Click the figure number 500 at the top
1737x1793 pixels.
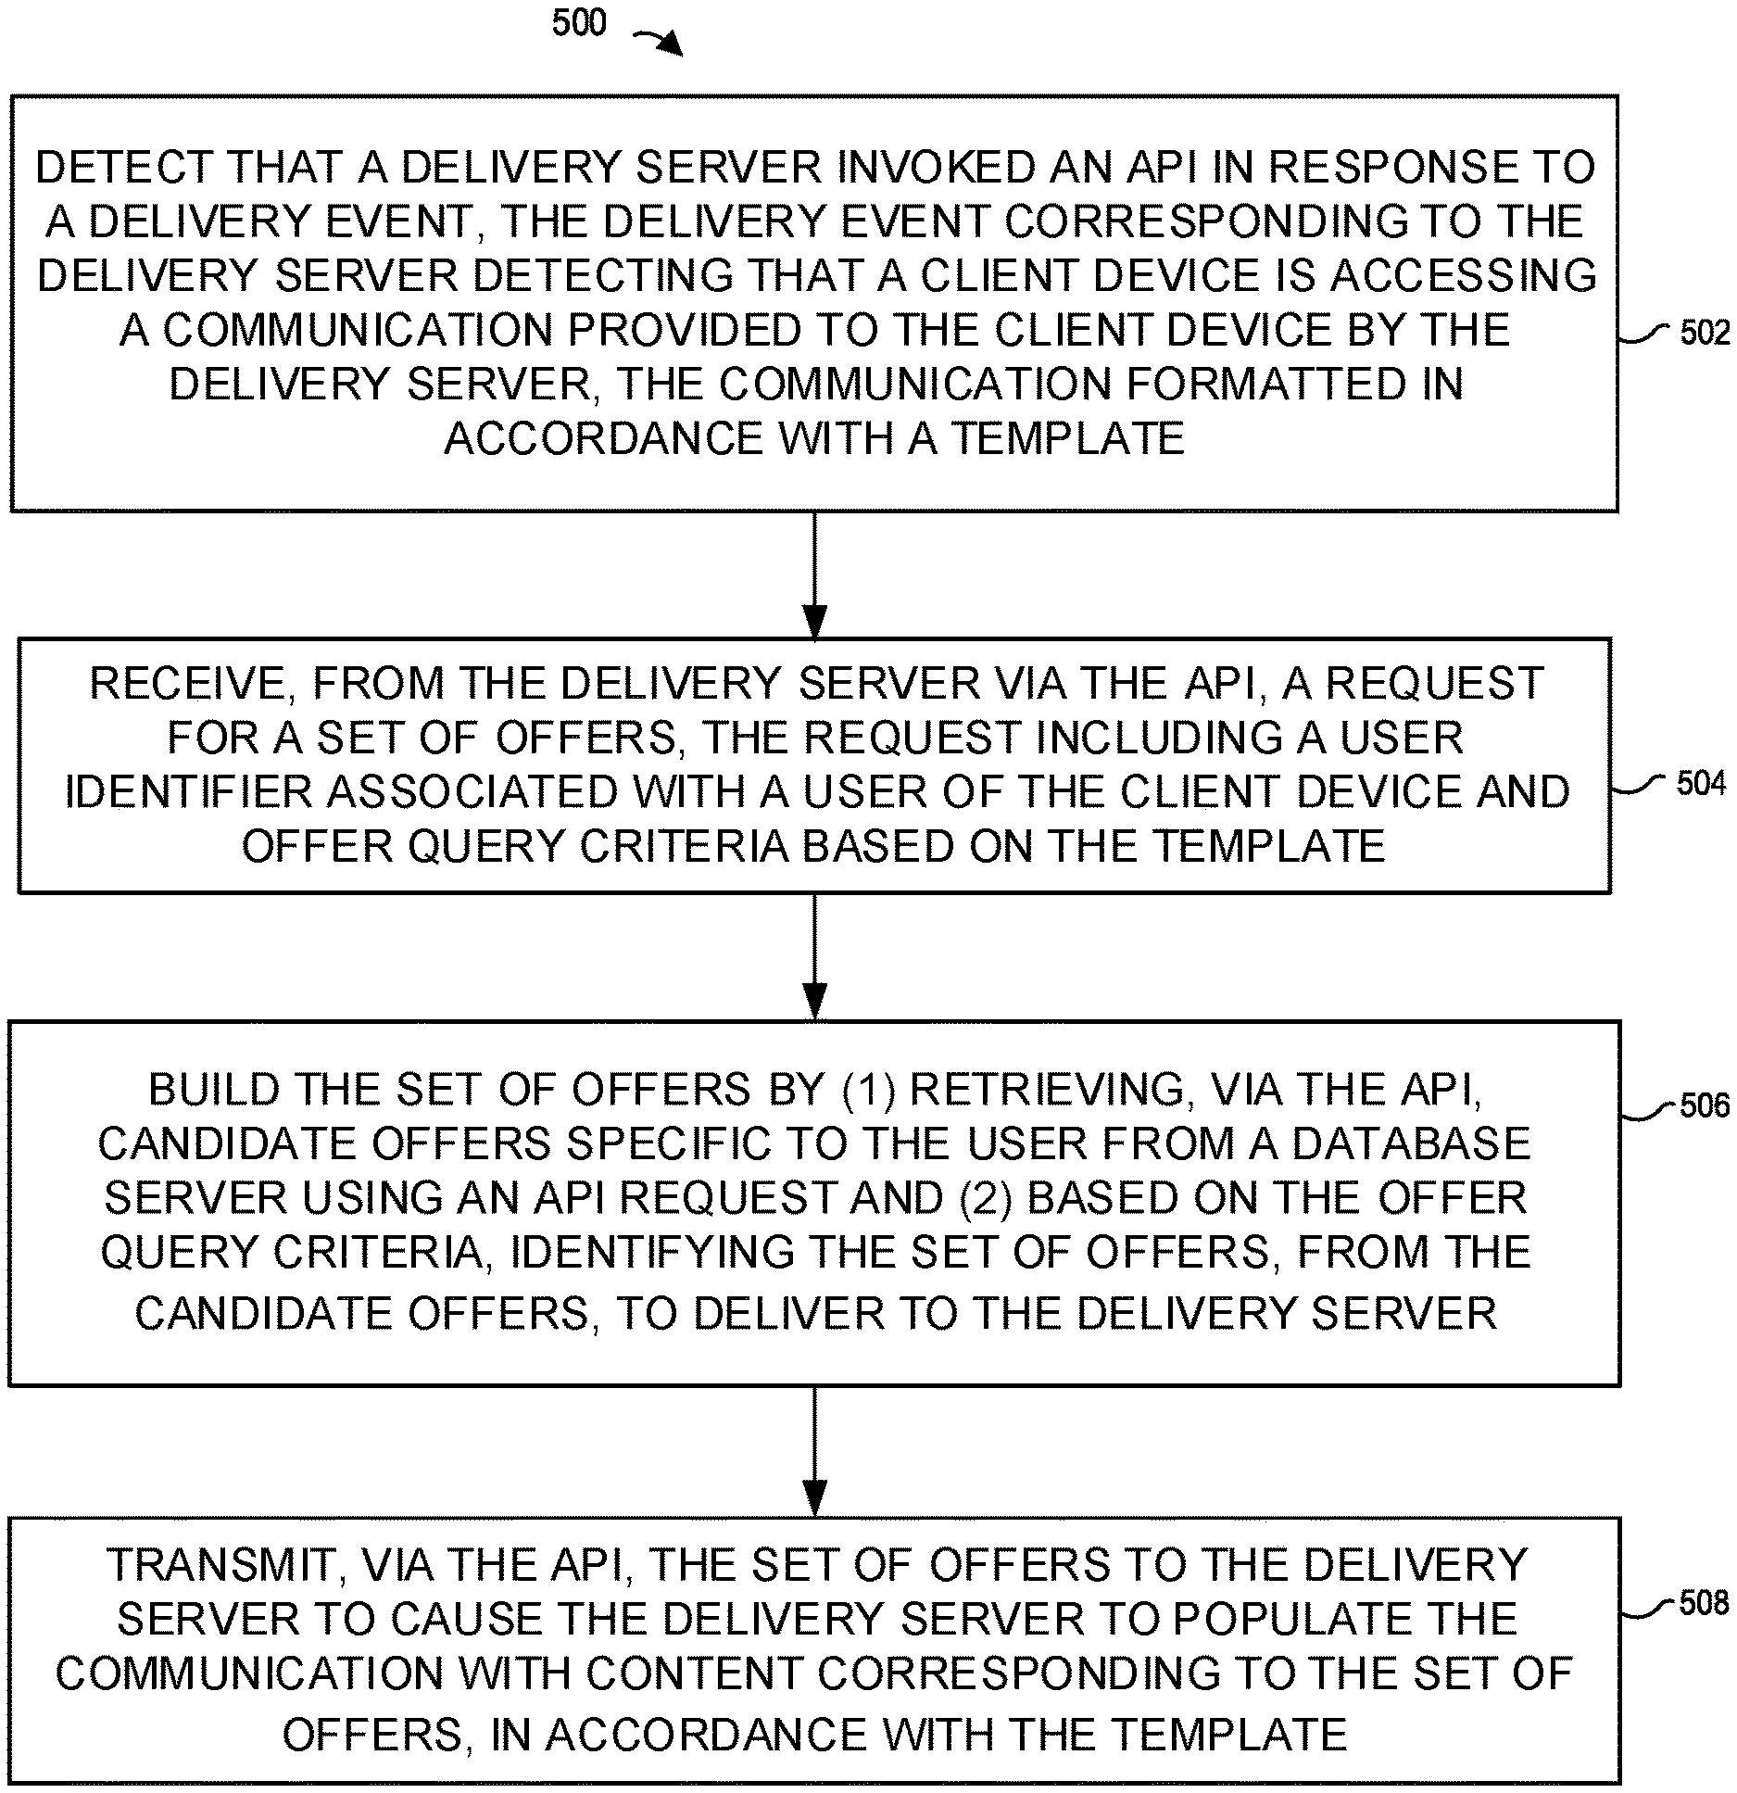coord(579,22)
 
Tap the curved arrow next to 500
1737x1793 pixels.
coord(658,41)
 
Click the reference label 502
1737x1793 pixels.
coord(1705,333)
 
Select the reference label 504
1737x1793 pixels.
coord(1701,784)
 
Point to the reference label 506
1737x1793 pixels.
coord(1705,1105)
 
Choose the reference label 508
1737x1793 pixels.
coord(1704,1602)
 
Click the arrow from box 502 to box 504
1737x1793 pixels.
coord(814,575)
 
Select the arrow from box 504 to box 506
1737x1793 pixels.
coord(814,956)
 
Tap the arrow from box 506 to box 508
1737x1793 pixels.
coord(814,1451)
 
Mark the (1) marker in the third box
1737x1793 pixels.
coord(869,1090)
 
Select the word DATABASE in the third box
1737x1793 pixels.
coord(1411,1143)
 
